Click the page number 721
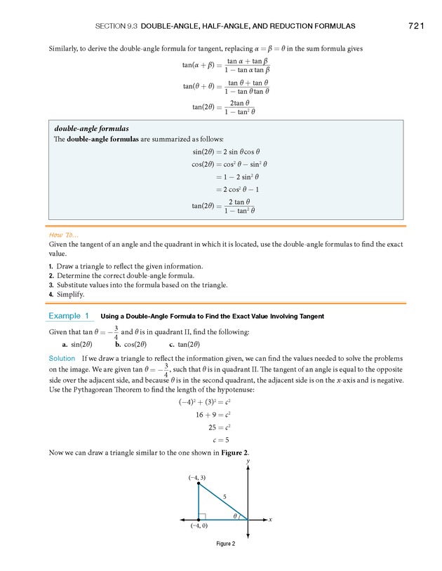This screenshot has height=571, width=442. (x=415, y=26)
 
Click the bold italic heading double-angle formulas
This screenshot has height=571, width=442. (x=91, y=129)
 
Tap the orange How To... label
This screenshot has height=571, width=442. (x=63, y=234)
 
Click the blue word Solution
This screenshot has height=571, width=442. (x=62, y=358)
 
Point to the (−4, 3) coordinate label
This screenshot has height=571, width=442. (x=196, y=477)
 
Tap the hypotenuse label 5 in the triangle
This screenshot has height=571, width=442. (x=225, y=496)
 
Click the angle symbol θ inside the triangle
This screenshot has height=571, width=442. (x=235, y=516)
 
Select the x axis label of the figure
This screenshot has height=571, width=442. (x=270, y=520)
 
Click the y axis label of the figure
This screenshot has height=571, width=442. (x=248, y=462)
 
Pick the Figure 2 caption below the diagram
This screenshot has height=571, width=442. (x=225, y=544)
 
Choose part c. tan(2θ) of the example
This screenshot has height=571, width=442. (x=185, y=344)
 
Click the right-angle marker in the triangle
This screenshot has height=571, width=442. (x=202, y=516)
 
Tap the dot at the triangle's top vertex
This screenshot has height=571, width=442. (x=199, y=483)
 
